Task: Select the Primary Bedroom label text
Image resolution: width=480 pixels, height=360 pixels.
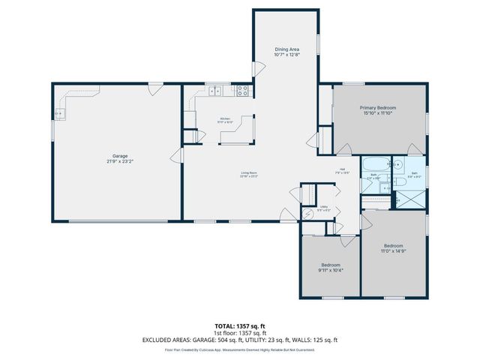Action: pyautogui.click(x=379, y=108)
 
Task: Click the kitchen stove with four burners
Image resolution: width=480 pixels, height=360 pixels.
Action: pyautogui.click(x=243, y=91)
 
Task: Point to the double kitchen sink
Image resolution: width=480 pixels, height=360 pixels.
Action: pyautogui.click(x=215, y=91)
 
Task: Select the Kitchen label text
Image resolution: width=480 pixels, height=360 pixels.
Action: pyautogui.click(x=226, y=118)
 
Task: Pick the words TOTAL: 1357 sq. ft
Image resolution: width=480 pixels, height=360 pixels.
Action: pyautogui.click(x=240, y=326)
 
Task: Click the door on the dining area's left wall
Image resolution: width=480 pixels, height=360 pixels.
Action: pyautogui.click(x=257, y=70)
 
